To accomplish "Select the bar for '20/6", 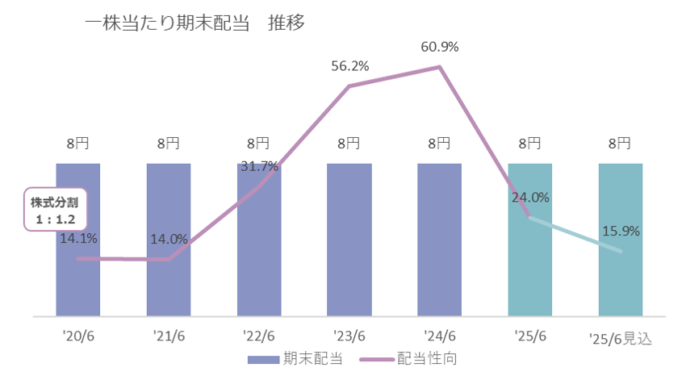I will click(78, 282).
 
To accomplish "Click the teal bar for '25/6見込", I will click(620, 282).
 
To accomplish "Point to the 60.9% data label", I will click(439, 47).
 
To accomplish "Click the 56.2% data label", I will click(349, 66).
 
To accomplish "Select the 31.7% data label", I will click(259, 167).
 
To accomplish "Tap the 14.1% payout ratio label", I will click(78, 238).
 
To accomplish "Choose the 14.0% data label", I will click(169, 239).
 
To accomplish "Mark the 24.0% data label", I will click(530, 197).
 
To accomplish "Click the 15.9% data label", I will click(621, 232).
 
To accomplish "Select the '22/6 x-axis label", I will click(258, 336).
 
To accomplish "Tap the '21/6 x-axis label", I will click(168, 336).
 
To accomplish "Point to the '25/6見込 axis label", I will click(620, 337).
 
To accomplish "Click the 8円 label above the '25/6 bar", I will click(529, 144).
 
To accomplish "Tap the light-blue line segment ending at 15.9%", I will click(575, 235).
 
